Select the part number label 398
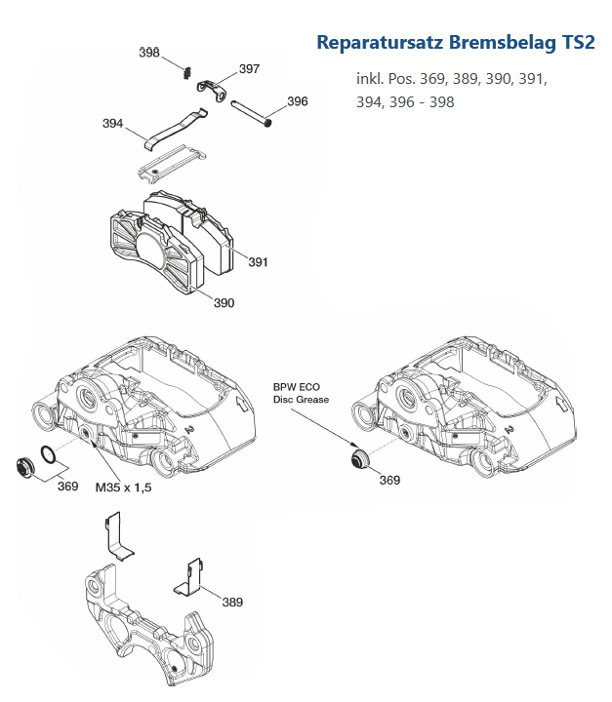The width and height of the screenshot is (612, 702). pyautogui.click(x=149, y=53)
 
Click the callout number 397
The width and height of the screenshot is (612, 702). pyautogui.click(x=249, y=69)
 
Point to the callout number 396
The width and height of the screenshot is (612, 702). pyautogui.click(x=298, y=101)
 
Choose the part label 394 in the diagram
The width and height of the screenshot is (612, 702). pyautogui.click(x=113, y=124)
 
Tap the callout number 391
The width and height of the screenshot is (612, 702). pyautogui.click(x=258, y=262)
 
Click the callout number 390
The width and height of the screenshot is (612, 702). pyautogui.click(x=224, y=302)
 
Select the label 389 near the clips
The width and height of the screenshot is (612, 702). pyautogui.click(x=231, y=602)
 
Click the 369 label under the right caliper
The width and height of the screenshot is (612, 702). pyautogui.click(x=389, y=480)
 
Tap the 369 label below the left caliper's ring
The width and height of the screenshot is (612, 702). pyautogui.click(x=67, y=486)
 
